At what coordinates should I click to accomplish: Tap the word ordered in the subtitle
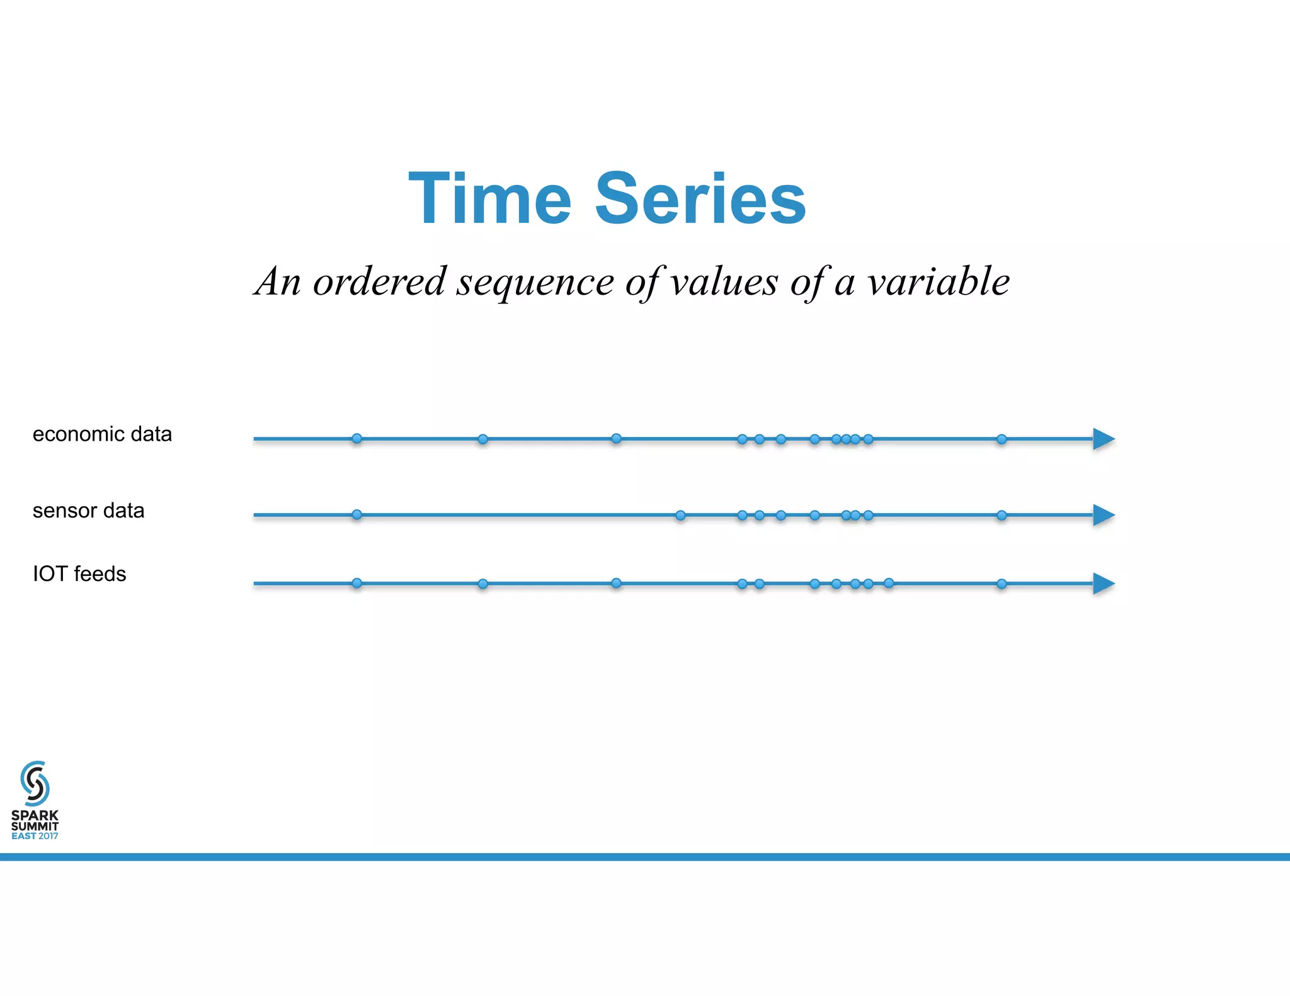coord(379,281)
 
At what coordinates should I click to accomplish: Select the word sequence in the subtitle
coord(535,283)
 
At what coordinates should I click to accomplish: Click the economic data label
coord(102,434)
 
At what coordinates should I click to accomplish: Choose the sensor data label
coord(88,511)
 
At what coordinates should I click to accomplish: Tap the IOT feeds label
coord(79,574)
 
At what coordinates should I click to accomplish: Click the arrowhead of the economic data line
coord(1103,439)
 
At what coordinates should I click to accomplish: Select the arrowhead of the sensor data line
coord(1103,515)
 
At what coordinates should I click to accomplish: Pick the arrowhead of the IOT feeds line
coord(1103,584)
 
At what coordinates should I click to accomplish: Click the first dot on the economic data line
coord(357,438)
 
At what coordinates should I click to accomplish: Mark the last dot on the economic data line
coord(1002,439)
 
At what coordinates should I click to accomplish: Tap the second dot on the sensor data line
coord(680,515)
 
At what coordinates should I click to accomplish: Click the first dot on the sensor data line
coord(357,514)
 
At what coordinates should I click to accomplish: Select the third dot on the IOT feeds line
coord(616,583)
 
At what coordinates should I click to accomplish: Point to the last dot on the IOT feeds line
coord(1002,584)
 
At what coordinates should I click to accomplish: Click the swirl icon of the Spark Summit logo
coord(35,783)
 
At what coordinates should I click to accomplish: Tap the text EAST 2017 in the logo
coord(35,836)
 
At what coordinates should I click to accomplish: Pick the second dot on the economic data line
coord(482,439)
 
